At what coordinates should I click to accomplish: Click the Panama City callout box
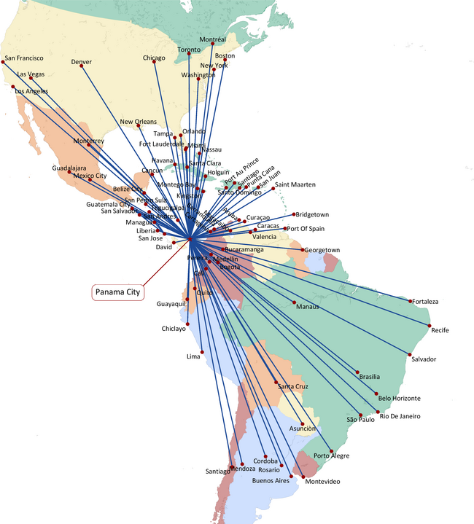tap(118, 292)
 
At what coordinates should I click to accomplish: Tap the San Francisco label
tap(24, 58)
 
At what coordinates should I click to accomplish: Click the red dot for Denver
tap(81, 69)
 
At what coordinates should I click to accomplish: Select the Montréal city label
tap(212, 39)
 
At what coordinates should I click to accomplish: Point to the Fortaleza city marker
tap(411, 299)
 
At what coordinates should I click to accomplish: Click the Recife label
tap(440, 330)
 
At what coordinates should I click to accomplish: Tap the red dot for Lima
tap(202, 352)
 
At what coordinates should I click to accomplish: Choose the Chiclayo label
tap(175, 329)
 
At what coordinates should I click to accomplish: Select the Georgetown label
tap(322, 250)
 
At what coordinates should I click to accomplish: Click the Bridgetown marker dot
tap(294, 214)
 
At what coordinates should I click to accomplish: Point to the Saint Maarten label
tap(295, 185)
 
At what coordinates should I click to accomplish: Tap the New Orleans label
tap(138, 122)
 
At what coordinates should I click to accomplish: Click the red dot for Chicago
tap(155, 63)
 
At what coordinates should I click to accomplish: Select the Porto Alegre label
tap(331, 456)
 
